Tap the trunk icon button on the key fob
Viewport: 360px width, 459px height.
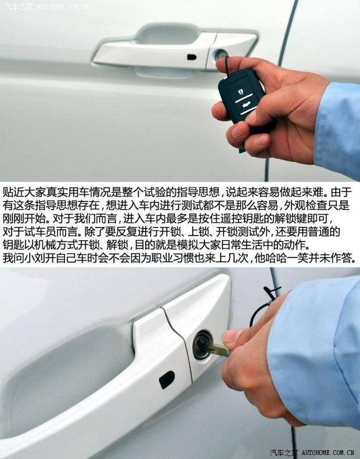(246, 106)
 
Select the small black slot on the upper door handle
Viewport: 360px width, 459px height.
(192, 57)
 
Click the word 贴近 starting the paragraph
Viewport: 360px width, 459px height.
(13, 192)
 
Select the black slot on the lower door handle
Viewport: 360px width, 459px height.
(167, 380)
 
